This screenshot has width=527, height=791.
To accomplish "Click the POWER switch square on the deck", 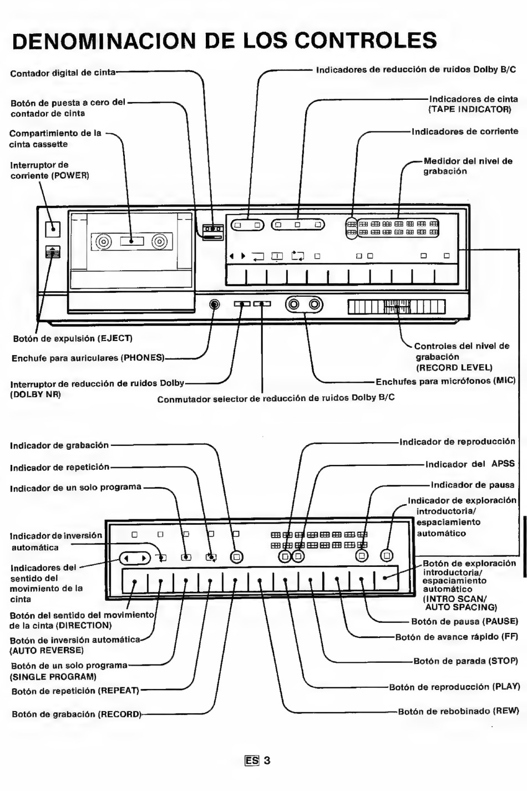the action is click(x=53, y=229).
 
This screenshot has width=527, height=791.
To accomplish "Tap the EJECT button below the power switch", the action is click(x=53, y=252).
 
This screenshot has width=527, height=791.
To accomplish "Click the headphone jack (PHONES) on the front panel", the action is click(x=214, y=304).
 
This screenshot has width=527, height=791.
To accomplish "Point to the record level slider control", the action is click(x=397, y=307).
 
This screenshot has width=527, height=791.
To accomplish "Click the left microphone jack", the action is click(x=293, y=304).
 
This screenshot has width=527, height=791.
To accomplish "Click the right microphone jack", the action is click(x=315, y=304).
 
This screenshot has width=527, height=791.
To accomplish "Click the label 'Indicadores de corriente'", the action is click(x=465, y=131).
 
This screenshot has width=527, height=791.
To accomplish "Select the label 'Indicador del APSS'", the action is click(x=470, y=464).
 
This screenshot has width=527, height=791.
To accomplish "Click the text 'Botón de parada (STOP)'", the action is click(x=465, y=661).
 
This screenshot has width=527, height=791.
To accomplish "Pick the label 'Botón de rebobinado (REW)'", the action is click(x=458, y=711).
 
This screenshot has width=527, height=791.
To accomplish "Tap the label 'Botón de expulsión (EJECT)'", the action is click(x=73, y=339).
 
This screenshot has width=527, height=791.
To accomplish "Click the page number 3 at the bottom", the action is click(x=267, y=760).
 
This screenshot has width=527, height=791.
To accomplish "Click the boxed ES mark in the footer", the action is click(x=252, y=760).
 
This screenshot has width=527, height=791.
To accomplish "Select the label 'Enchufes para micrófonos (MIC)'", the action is click(x=446, y=382).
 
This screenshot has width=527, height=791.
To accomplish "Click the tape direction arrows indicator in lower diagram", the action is click(x=135, y=558).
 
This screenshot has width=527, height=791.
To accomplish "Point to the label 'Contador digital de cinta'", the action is click(x=63, y=73).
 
